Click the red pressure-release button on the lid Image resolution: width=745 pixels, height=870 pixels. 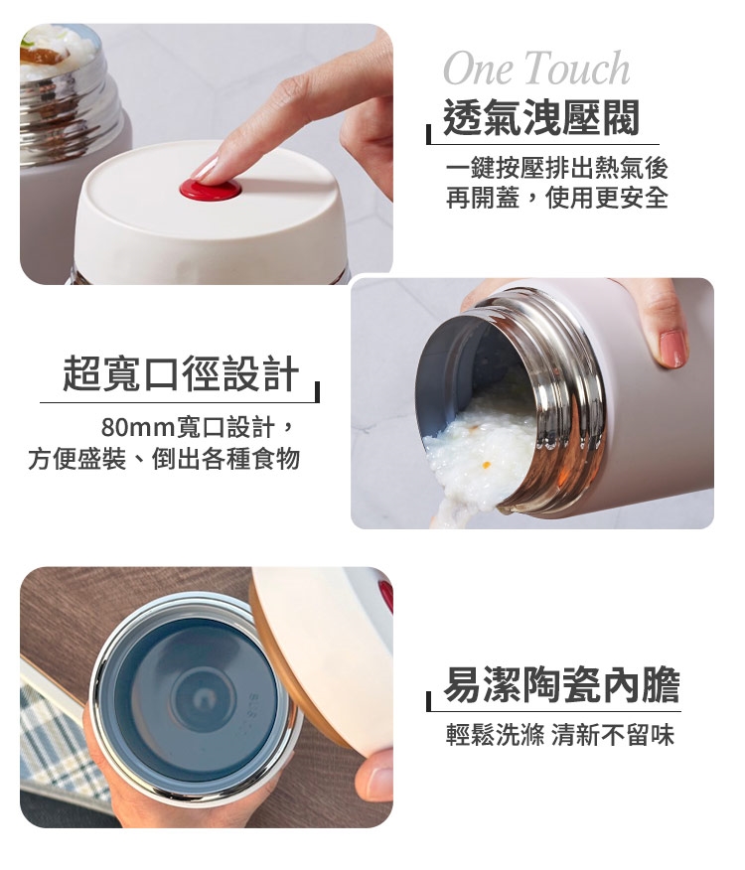pyautogui.click(x=212, y=187)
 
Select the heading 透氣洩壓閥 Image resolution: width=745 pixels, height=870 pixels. pyautogui.click(x=541, y=117)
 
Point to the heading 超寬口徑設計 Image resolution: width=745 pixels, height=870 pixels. pyautogui.click(x=181, y=373)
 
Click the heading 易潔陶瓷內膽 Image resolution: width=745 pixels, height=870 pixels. pyautogui.click(x=562, y=686)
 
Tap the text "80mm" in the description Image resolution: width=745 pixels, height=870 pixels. pyautogui.click(x=138, y=428)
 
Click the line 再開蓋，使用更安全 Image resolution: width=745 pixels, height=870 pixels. pyautogui.click(x=557, y=198)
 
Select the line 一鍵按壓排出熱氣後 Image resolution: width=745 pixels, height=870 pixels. pyautogui.click(x=557, y=168)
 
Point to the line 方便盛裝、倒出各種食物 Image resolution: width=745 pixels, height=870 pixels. pyautogui.click(x=164, y=459)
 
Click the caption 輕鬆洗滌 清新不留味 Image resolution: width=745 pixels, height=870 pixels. pyautogui.click(x=560, y=735)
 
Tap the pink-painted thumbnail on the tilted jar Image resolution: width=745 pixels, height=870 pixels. pyautogui.click(x=671, y=349)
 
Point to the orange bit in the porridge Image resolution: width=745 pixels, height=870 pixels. pyautogui.click(x=487, y=464)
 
